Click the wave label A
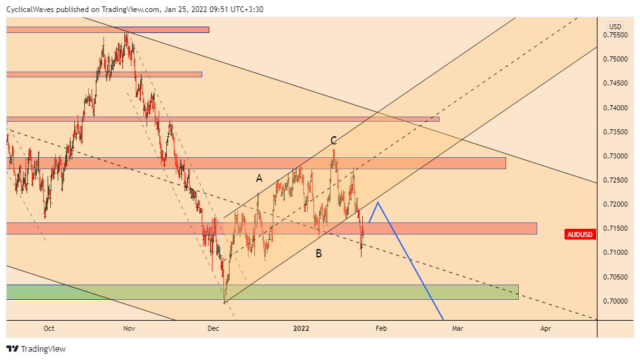point(259,179)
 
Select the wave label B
point(319,254)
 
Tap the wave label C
point(333,141)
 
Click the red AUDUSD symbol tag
point(580,235)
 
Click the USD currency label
point(615,26)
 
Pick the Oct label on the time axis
point(49,328)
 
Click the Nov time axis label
point(129,328)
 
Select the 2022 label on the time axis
point(301,328)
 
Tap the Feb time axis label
point(381,328)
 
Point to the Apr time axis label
point(545,328)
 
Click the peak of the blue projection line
point(378,202)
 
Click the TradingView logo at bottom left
point(36,349)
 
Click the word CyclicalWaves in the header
point(30,10)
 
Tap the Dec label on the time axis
point(213,328)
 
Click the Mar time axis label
point(457,328)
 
